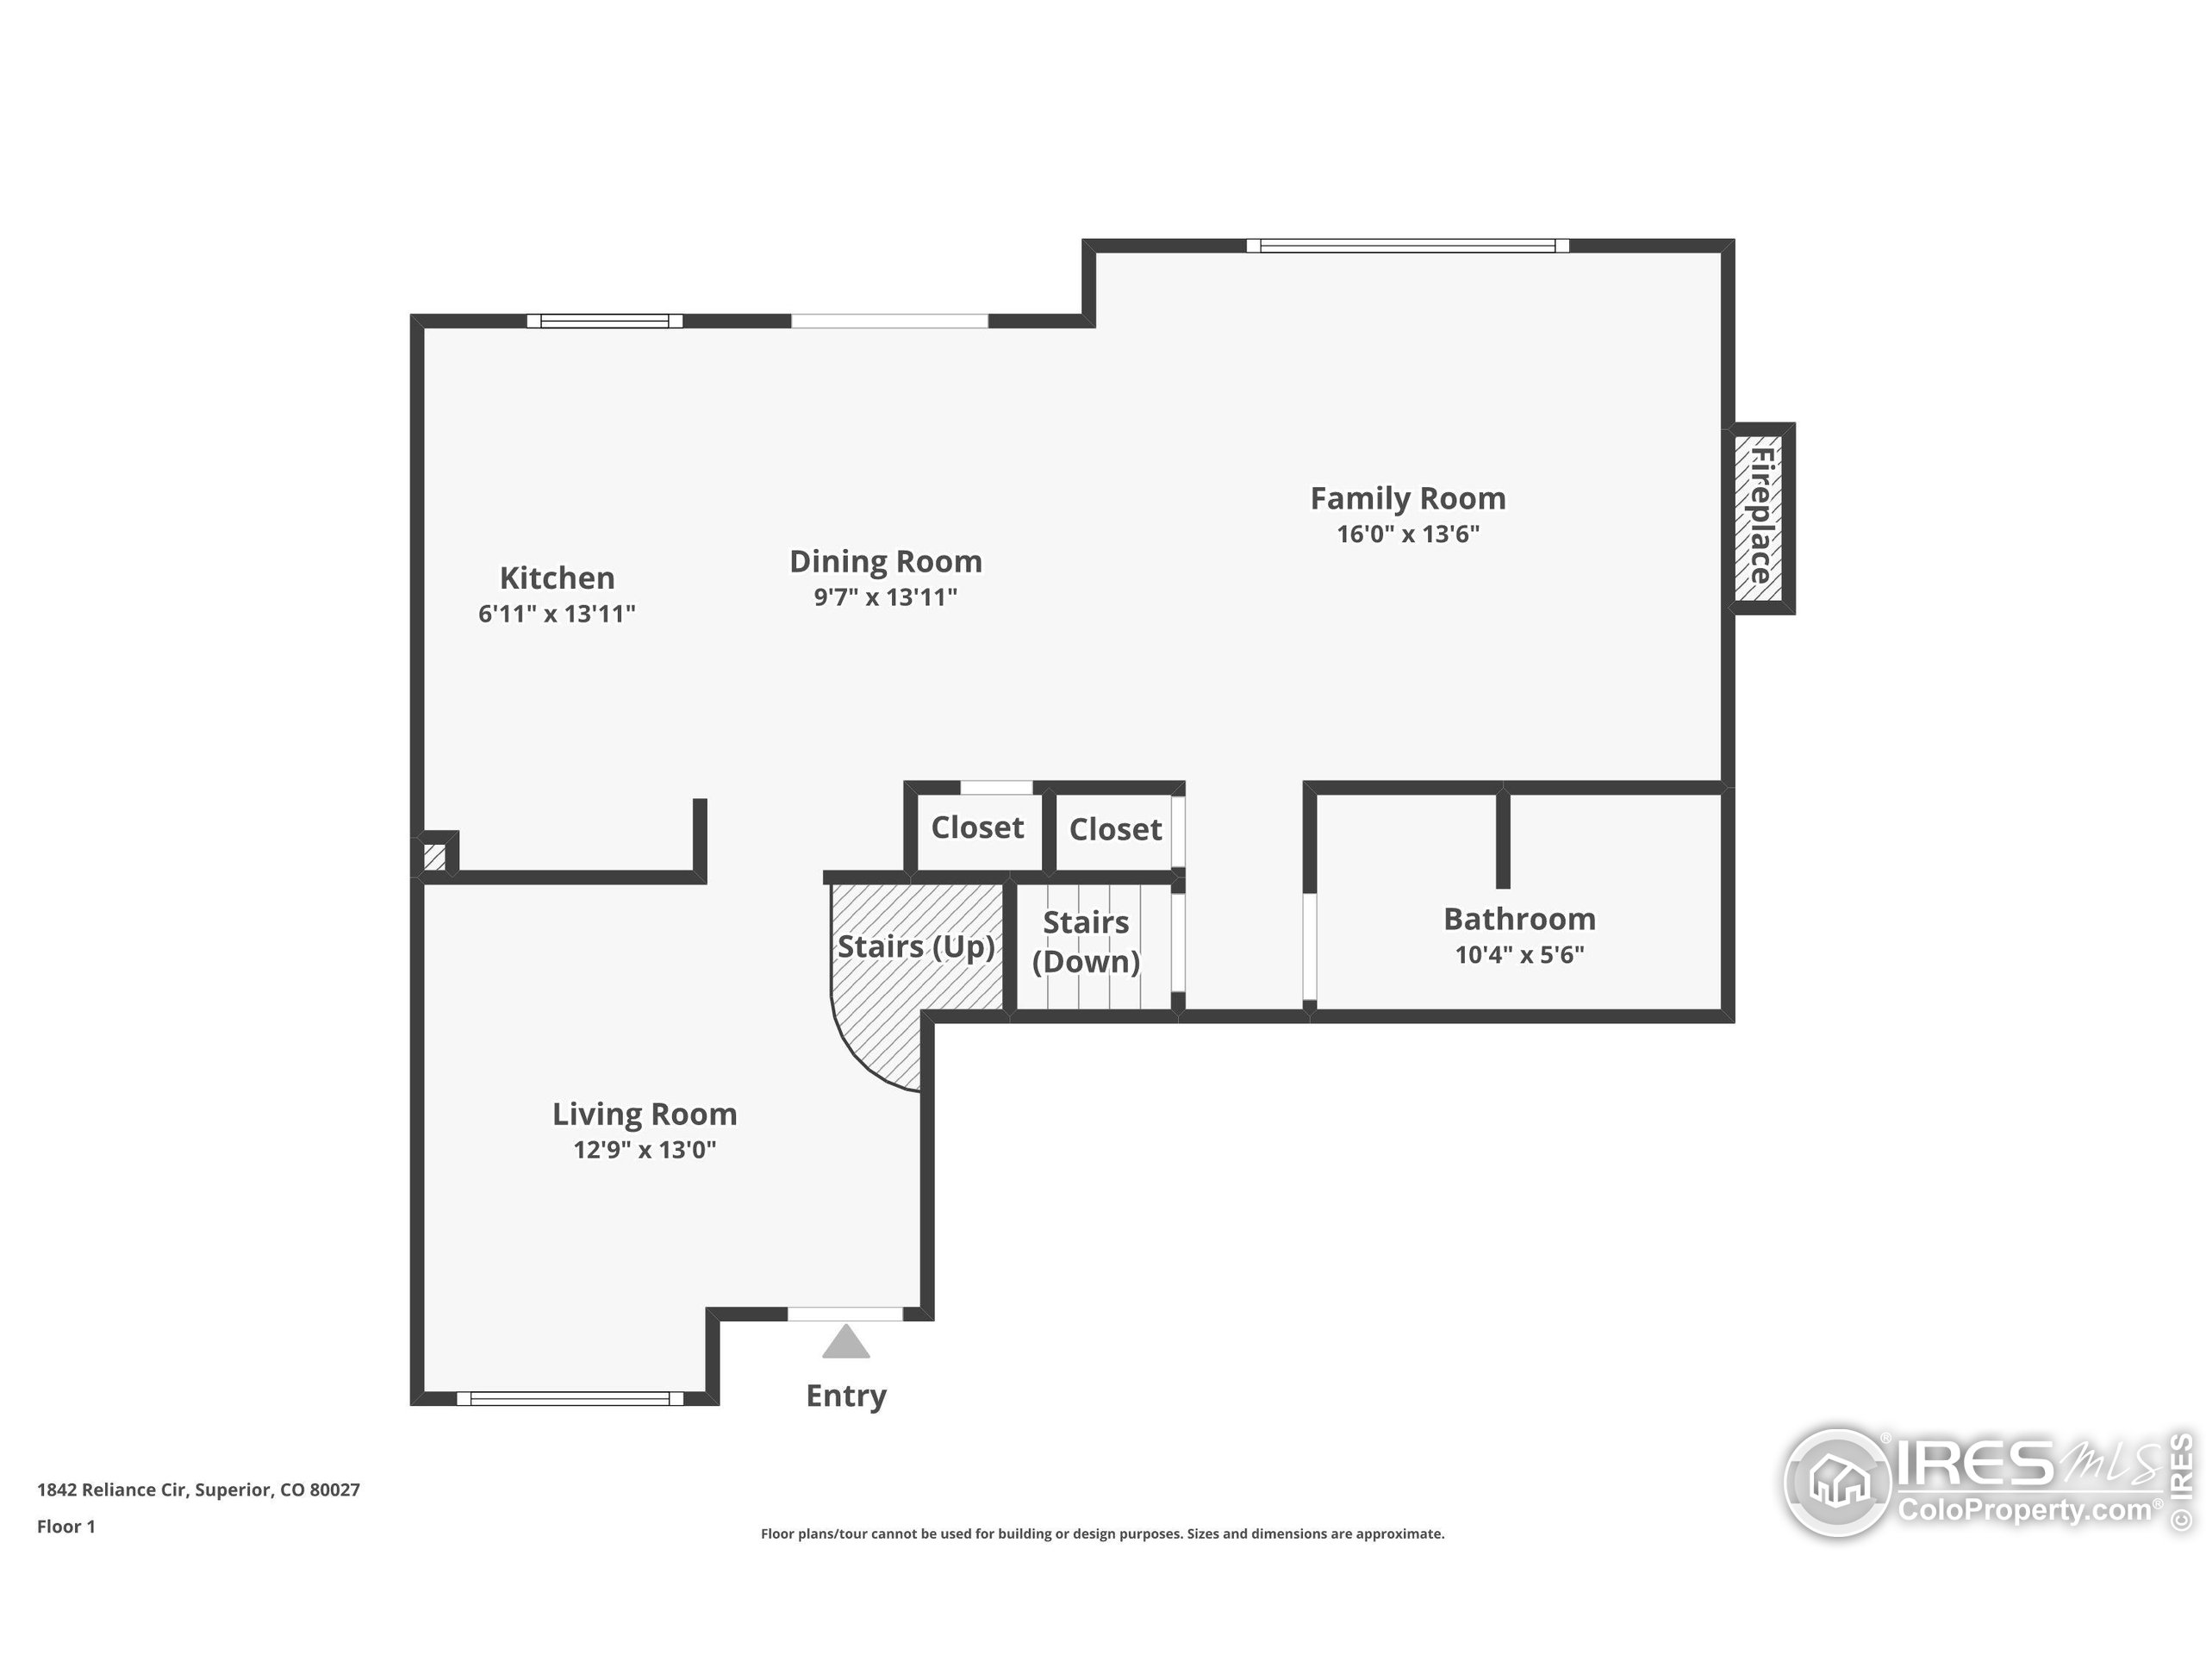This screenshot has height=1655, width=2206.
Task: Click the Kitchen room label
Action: click(x=557, y=578)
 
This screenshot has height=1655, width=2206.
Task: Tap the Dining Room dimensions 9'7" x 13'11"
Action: click(x=886, y=596)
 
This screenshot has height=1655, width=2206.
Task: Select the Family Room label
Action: click(x=1407, y=498)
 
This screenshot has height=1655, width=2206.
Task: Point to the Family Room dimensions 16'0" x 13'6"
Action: click(x=1407, y=534)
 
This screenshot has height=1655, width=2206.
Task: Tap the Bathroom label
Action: click(x=1519, y=919)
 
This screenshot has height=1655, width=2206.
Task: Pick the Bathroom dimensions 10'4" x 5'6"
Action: click(x=1519, y=955)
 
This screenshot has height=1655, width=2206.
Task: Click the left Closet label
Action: click(x=977, y=827)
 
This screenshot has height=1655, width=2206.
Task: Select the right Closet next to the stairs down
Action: click(x=1115, y=829)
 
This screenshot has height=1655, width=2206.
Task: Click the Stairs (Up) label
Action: click(x=915, y=946)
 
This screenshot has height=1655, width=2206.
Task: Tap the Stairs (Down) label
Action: click(x=1086, y=942)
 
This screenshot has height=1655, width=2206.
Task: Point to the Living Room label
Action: click(x=645, y=1114)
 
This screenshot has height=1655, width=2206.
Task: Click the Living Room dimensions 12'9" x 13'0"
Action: click(x=645, y=1150)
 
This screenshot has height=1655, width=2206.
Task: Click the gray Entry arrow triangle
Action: click(x=845, y=1343)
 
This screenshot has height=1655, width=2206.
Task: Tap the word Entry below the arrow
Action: click(x=845, y=1396)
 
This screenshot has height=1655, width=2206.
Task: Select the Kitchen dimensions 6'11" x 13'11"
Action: click(x=557, y=614)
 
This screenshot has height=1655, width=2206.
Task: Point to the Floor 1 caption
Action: click(x=65, y=1527)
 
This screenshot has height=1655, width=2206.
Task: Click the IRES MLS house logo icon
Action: click(x=1837, y=1483)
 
